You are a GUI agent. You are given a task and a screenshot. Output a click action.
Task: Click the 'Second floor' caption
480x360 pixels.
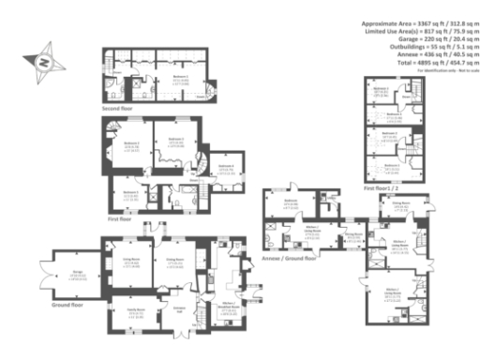tap(119, 108)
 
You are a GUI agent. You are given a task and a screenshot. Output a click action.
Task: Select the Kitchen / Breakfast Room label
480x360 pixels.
tap(227, 306)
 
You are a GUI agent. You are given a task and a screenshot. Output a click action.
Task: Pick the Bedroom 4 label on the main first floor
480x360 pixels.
tap(225, 166)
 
